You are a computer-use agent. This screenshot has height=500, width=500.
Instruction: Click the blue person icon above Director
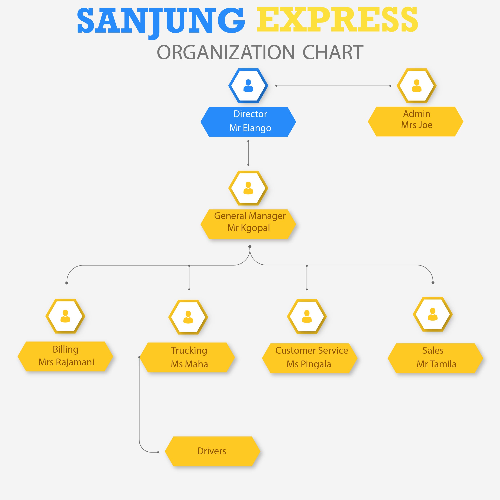click(x=248, y=86)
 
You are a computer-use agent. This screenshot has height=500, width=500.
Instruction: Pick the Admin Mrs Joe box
click(x=415, y=121)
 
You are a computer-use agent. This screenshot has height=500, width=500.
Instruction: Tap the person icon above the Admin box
click(x=416, y=86)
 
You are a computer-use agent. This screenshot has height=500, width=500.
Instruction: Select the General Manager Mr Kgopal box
click(x=248, y=224)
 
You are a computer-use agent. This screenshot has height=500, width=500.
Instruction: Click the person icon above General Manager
click(x=248, y=188)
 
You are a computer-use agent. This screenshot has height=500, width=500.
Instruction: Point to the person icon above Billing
click(x=65, y=316)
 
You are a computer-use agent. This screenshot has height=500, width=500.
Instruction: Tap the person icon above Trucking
click(x=188, y=317)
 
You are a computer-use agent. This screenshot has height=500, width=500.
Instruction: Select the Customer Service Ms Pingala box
click(x=310, y=358)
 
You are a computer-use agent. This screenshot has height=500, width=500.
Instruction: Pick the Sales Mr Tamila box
click(x=435, y=358)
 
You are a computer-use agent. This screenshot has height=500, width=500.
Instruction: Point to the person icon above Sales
click(x=433, y=314)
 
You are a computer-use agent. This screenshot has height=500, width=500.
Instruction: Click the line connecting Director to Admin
click(x=333, y=86)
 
